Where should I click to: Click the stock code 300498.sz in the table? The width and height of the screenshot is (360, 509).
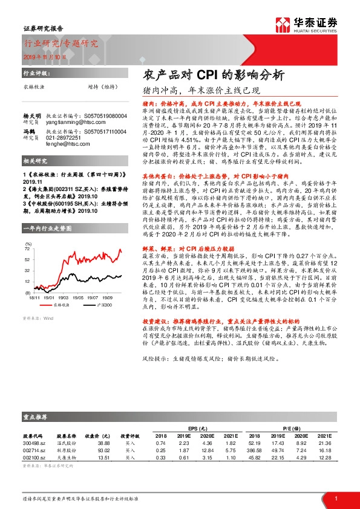(34, 444)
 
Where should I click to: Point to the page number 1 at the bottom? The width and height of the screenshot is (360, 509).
(335, 499)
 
